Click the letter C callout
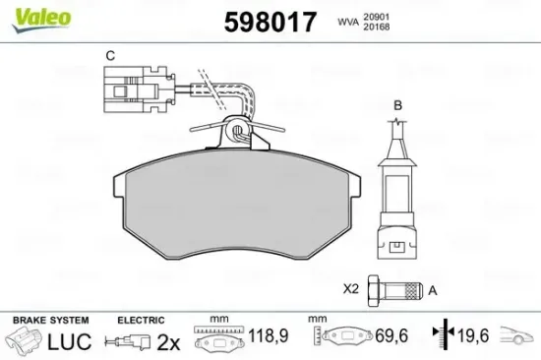(x=110, y=55)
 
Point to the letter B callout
(x=397, y=104)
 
